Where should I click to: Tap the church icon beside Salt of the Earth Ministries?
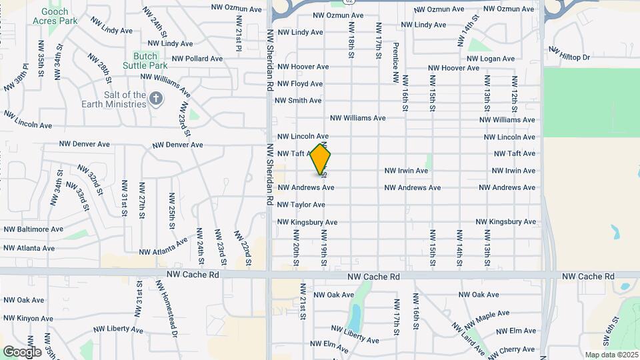click(155, 99)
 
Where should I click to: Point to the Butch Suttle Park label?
click(145, 61)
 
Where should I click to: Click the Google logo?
click(22, 352)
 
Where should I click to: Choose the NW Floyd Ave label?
click(300, 84)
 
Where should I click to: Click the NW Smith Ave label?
click(298, 101)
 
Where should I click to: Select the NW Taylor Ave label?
click(301, 205)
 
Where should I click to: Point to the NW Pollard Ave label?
click(197, 59)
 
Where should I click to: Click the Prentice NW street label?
click(396, 63)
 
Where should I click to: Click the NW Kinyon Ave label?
click(27, 319)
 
